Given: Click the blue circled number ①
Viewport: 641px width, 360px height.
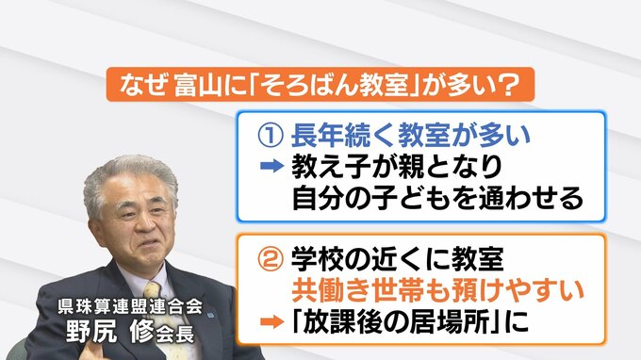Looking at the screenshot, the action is click(271, 136).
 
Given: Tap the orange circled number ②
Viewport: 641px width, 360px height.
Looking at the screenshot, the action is click(271, 259).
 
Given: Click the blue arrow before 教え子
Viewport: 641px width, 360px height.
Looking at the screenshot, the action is click(271, 166).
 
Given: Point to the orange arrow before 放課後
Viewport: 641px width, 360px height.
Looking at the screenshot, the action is click(271, 321).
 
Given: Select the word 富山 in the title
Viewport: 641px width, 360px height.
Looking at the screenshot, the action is click(199, 85).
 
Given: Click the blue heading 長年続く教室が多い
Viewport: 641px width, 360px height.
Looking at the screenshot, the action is click(410, 136).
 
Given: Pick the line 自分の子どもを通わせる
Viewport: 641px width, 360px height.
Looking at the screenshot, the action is click(437, 198).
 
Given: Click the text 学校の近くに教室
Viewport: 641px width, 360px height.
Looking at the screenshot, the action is click(398, 259).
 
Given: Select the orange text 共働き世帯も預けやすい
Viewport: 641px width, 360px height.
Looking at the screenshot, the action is click(437, 290).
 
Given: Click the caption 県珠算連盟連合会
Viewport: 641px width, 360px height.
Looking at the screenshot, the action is click(130, 306).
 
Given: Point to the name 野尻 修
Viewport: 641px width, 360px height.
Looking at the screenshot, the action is click(110, 330).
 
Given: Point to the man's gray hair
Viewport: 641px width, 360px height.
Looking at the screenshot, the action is click(130, 175).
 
